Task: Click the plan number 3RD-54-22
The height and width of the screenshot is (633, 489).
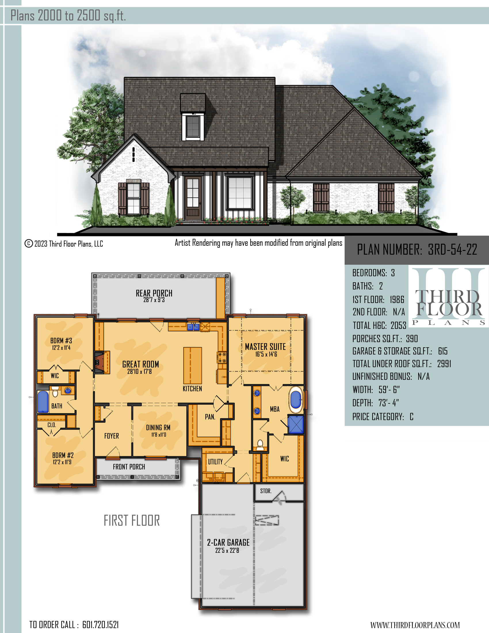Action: pos(452,249)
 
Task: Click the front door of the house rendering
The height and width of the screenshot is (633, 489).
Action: pos(193,198)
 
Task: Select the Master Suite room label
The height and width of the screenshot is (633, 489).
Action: pos(265,347)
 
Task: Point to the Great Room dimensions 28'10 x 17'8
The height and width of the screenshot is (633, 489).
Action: pos(140,371)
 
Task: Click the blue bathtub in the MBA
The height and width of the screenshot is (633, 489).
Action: pos(296,400)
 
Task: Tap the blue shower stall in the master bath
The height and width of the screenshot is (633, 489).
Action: pos(296,425)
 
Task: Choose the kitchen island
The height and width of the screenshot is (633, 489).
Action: pos(192,365)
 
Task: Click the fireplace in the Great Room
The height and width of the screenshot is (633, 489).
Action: pos(99,362)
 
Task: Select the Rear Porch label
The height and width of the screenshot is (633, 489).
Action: pos(154,293)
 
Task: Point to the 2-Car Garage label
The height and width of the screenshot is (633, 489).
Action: pos(228,543)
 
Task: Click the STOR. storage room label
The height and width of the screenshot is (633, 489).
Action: pos(266,491)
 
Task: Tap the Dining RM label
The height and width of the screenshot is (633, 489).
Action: pos(158,428)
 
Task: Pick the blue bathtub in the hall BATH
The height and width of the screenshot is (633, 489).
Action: pos(43,402)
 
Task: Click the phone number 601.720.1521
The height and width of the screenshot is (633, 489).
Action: pos(100,625)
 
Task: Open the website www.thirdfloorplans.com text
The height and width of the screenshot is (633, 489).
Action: pos(415,625)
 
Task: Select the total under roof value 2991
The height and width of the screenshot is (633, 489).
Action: pos(444,364)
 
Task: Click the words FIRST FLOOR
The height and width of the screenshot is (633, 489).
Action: pos(132,520)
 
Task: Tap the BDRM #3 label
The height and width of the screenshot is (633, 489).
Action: pos(61,341)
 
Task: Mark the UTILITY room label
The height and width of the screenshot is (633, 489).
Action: pos(215,462)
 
